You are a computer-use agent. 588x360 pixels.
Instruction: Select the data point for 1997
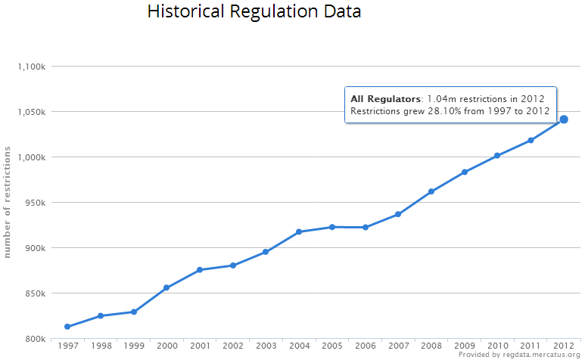tap(67, 327)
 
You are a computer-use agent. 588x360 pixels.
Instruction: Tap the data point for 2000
tap(166, 287)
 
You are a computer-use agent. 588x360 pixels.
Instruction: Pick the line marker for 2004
tap(299, 231)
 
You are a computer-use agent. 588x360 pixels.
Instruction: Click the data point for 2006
tap(366, 227)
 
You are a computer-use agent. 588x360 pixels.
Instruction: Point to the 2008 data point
tap(431, 191)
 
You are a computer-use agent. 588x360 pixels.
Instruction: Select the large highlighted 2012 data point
tap(564, 119)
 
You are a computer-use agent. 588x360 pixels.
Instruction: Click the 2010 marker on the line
tap(497, 156)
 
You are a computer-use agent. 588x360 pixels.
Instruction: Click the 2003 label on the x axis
tap(266, 346)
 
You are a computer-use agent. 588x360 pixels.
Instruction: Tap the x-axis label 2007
tap(398, 346)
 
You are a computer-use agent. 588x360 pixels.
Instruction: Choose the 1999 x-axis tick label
tap(133, 346)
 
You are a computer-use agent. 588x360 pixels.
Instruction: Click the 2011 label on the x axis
tap(530, 346)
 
